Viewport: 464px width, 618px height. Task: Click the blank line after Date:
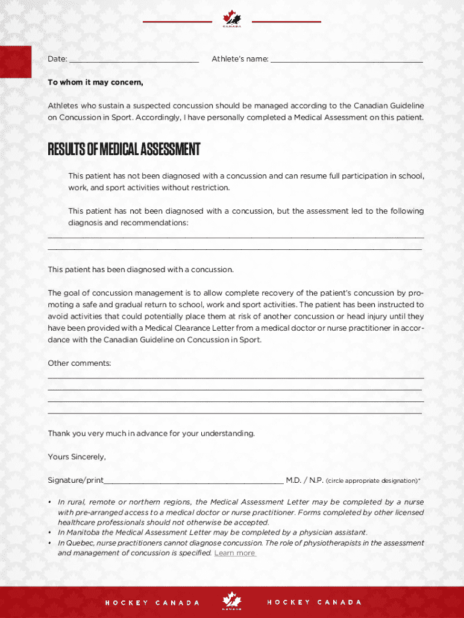click(133, 60)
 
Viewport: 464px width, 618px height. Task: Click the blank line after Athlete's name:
click(346, 60)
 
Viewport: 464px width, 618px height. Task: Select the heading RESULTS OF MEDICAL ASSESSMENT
click(124, 149)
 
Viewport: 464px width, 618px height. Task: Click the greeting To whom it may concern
click(95, 82)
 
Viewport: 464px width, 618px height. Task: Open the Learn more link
click(235, 553)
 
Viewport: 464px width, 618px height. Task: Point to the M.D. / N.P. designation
click(304, 480)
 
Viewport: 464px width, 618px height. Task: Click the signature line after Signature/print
click(193, 481)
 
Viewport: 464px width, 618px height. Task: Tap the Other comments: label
click(80, 363)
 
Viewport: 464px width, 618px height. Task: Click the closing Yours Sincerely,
click(77, 457)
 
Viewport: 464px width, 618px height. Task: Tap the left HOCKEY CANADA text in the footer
click(152, 603)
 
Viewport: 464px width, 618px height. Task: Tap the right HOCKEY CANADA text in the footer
click(314, 602)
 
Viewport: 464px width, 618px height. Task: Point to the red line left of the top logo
click(177, 22)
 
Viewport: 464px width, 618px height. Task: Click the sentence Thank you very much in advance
click(151, 433)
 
